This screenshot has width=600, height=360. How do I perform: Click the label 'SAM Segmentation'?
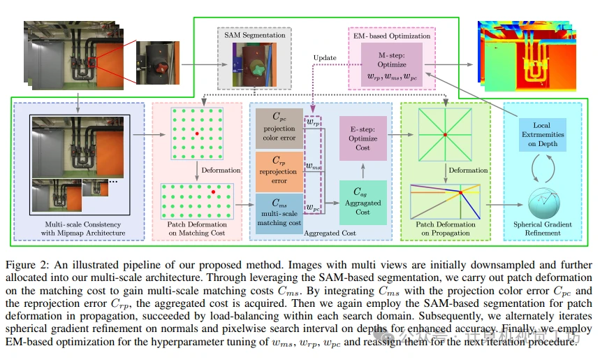254,35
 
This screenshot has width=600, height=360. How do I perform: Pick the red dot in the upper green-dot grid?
198,132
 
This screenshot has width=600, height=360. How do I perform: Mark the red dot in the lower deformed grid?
212,190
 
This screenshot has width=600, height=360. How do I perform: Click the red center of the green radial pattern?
444,134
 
